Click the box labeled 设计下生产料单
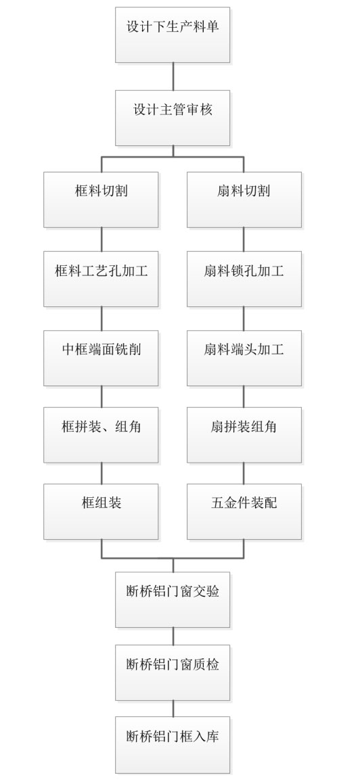[x=173, y=34]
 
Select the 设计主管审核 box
[x=173, y=118]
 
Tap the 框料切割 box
[x=101, y=200]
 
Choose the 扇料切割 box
[x=244, y=200]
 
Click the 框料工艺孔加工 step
[x=101, y=279]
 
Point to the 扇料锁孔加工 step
[x=244, y=279]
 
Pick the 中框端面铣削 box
[x=101, y=358]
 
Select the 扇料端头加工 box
[x=244, y=358]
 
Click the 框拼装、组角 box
[x=101, y=435]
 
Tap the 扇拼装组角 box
[x=244, y=435]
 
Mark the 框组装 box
[x=101, y=511]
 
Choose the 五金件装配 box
[x=244, y=511]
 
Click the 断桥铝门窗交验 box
[x=173, y=600]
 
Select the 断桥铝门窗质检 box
[x=173, y=672]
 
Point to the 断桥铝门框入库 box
[x=173, y=745]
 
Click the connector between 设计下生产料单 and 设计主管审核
[x=173, y=76]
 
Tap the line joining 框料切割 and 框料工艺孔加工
[x=102, y=239]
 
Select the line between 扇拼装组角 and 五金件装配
[x=244, y=473]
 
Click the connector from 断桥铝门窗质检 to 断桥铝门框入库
[x=173, y=708]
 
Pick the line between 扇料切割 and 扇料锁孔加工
[x=244, y=239]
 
